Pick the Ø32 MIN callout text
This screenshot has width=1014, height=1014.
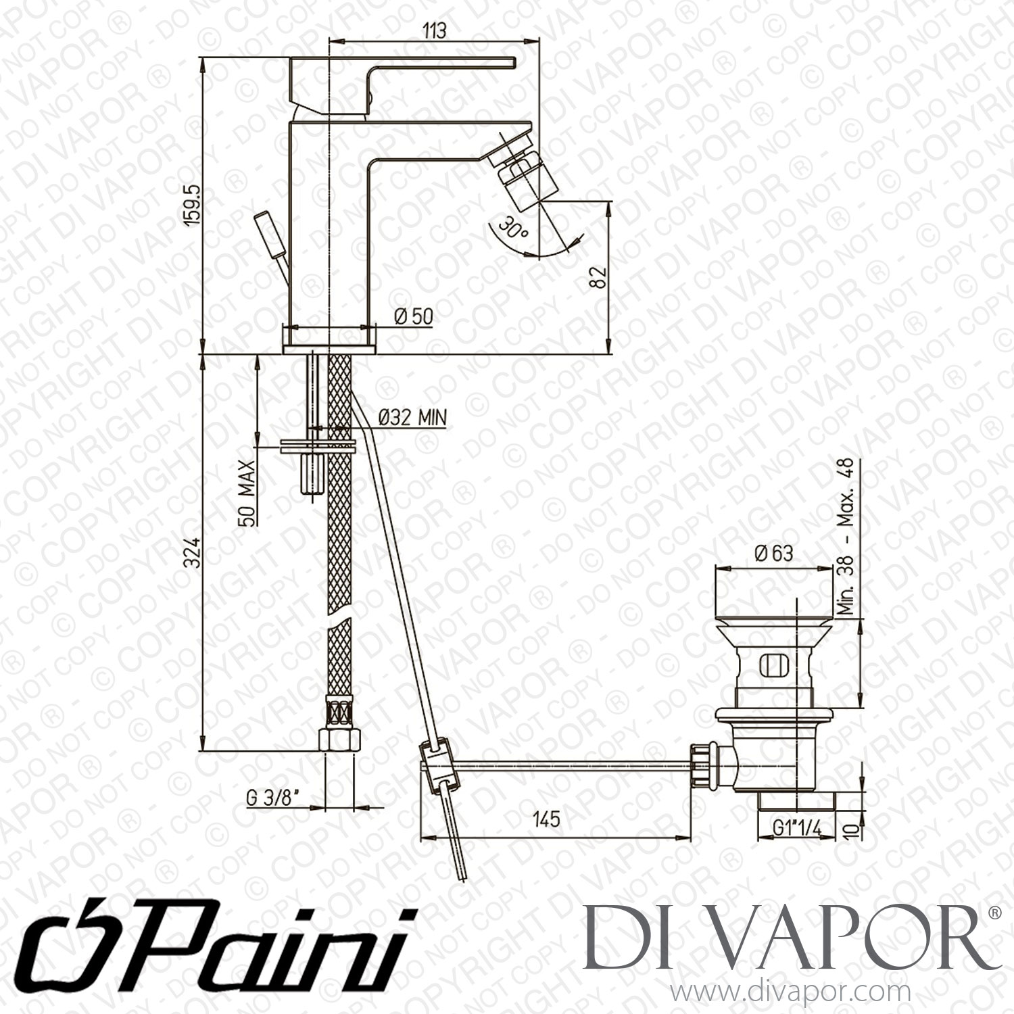coord(412,418)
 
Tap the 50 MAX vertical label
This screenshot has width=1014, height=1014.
coord(247,494)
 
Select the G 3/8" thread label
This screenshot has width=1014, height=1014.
coord(282,796)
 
